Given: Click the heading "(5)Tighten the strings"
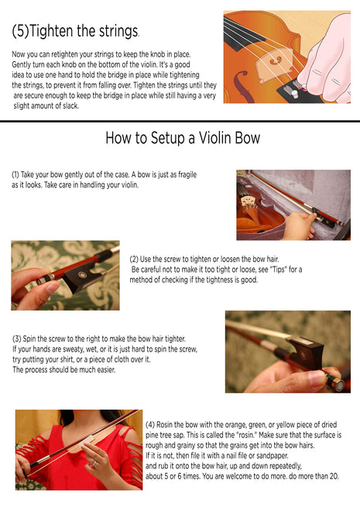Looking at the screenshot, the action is [75, 31].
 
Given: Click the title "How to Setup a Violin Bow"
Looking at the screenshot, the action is [183, 138].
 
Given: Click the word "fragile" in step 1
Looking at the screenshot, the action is [187, 175].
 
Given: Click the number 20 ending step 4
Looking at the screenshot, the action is [334, 476].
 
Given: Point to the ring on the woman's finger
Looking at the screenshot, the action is [94, 463].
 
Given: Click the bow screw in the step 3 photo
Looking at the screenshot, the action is [335, 383].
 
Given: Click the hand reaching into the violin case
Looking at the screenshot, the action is [299, 225].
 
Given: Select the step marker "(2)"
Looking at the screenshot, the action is [134, 259].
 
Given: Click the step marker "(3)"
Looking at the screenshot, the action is [17, 339].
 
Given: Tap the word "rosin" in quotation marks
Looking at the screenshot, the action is [246, 435].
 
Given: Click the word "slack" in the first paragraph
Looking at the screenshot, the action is [70, 106].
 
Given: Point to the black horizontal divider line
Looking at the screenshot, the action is [180, 122].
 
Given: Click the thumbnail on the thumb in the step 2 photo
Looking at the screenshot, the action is [53, 287].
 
